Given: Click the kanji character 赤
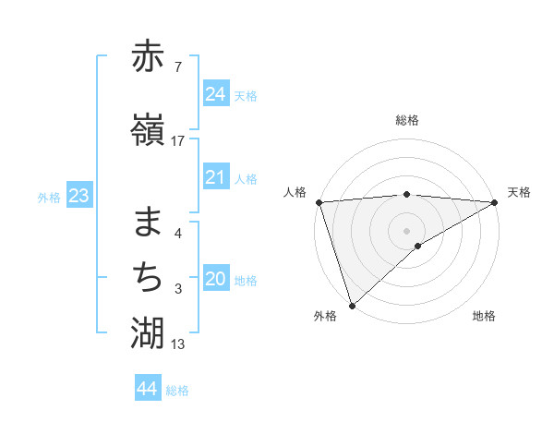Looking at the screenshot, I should point(148,59).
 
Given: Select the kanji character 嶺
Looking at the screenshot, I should point(148,132).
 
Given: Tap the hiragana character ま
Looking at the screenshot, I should point(148,223).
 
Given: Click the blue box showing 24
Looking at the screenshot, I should point(215,94).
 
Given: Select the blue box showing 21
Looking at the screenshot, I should point(215,177).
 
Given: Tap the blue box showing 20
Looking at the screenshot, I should point(215,280).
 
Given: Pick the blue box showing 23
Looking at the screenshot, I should point(78,196).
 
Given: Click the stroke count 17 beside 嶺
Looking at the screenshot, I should point(178,141).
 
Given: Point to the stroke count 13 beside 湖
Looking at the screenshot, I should point(178,344).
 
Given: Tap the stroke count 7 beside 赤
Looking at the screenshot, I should point(178,67).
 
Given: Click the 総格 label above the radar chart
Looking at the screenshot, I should point(407,120).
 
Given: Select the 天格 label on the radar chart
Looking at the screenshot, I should point(519,192).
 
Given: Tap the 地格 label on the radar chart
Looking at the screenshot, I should point(484,316).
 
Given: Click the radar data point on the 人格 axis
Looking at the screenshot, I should point(319,201).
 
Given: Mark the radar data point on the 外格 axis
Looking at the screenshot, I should point(352,305).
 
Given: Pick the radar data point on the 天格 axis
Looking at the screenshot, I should point(495,201).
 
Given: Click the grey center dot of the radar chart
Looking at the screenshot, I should point(407,230).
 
